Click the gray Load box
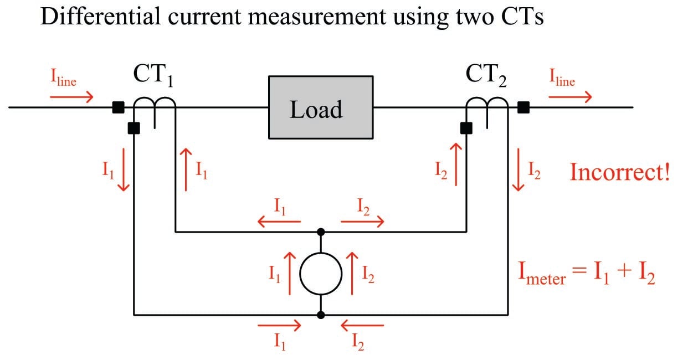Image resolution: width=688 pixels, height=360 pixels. coord(321,107)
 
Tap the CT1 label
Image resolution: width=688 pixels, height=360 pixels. coord(153,76)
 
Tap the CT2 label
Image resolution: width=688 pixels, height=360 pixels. coord(486,76)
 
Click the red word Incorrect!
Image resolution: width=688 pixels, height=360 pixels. coord(620,172)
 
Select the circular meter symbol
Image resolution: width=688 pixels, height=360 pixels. coord(321,274)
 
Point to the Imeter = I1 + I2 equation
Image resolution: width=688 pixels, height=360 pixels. coord(586,274)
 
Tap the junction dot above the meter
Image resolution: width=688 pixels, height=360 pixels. coord(321,232)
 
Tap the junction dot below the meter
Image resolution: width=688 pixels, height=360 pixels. coord(321,315)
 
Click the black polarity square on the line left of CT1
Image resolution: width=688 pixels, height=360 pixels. coord(118,107)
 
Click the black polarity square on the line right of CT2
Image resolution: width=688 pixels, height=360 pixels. coord(523,107)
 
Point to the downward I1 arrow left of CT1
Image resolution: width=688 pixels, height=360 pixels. coord(123,176)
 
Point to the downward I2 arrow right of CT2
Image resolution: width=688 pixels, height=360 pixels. coord(518,176)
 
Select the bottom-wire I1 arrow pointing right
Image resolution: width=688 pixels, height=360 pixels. coord(280,326)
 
